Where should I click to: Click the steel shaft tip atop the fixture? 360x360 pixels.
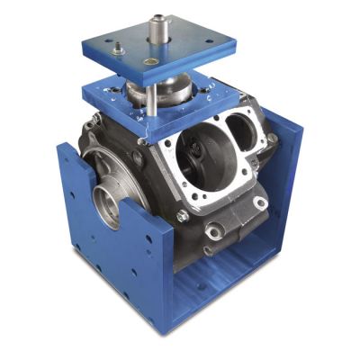click(159, 17)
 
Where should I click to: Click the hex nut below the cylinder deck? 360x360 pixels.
click(183, 215)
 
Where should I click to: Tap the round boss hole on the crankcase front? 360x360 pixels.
click(214, 232)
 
